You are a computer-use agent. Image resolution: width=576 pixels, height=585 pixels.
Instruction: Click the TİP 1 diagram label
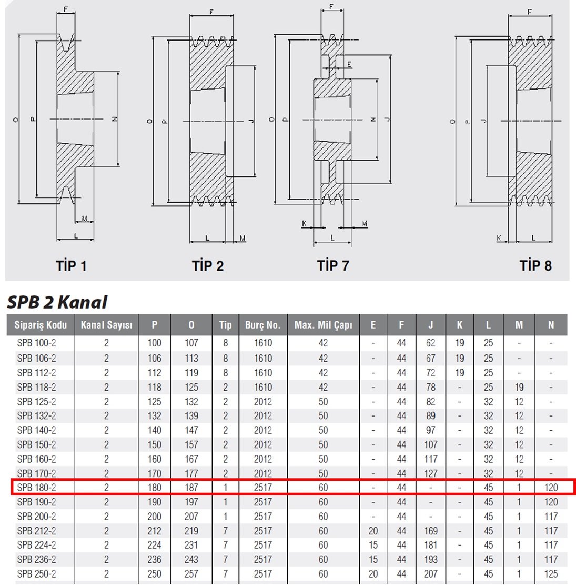point(71,266)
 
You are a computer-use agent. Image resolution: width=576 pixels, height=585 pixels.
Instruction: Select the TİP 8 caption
point(535,265)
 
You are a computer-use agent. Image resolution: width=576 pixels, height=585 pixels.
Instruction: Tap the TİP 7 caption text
point(333,265)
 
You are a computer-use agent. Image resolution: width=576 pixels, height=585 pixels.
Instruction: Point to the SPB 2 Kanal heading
point(57,302)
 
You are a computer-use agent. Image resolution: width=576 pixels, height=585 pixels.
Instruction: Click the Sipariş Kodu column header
point(41,325)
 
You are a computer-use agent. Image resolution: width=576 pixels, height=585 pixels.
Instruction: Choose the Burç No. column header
point(263,325)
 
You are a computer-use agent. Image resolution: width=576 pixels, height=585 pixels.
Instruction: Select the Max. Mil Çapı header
point(323,325)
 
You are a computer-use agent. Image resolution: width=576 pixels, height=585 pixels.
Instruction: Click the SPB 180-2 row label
point(36,487)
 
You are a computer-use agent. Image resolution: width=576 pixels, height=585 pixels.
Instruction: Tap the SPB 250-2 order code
point(36,574)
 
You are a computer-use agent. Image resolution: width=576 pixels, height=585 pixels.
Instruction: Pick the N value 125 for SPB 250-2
point(551,574)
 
